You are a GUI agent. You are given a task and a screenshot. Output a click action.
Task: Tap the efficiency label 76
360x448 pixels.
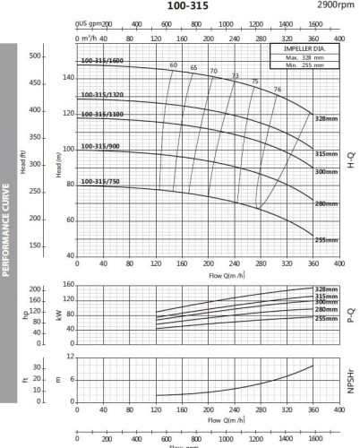(x=277, y=89)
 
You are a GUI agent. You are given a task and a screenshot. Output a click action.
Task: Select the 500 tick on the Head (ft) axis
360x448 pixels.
(x=37, y=56)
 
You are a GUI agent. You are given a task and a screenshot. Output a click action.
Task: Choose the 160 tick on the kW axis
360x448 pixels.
(x=68, y=285)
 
